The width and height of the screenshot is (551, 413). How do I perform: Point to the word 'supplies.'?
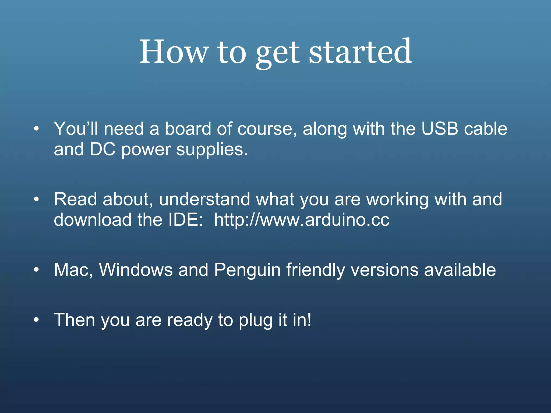click(212, 150)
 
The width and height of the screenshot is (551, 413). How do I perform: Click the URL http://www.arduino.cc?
click(302, 220)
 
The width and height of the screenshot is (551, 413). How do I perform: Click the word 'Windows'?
click(136, 269)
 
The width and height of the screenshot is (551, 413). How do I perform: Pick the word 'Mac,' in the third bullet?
click(73, 270)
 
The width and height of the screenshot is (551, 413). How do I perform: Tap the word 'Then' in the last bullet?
click(75, 320)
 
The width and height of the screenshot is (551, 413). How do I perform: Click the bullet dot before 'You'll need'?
click(37, 129)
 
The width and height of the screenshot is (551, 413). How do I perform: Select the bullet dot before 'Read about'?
click(37, 200)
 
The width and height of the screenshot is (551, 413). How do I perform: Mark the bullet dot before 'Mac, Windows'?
click(37, 270)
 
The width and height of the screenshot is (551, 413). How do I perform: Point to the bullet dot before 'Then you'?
click(37, 320)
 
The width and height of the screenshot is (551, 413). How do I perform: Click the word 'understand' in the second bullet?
click(204, 199)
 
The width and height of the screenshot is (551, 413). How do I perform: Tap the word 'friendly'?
click(315, 270)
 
